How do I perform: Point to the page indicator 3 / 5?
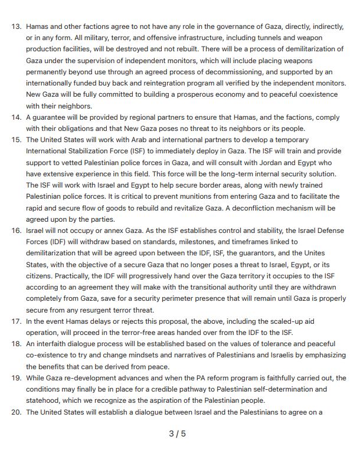click(x=177, y=434)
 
